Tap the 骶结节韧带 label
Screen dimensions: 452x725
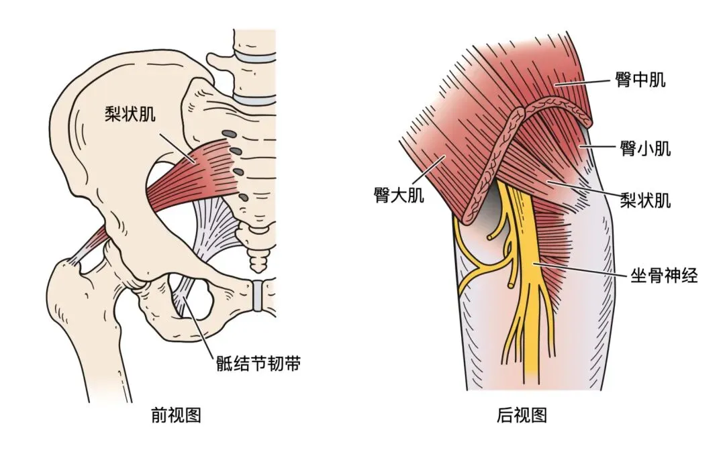[258, 364]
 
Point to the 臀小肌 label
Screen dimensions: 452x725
[645, 148]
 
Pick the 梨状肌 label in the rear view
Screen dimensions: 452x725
[645, 199]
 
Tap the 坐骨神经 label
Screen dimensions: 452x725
[663, 275]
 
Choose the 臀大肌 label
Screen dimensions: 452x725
[399, 196]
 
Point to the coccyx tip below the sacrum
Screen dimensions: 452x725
[258, 264]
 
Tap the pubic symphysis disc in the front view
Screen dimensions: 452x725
[256, 294]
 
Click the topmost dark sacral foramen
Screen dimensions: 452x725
[230, 133]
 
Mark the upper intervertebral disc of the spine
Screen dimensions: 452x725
[254, 57]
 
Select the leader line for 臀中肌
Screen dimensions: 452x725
[582, 82]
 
